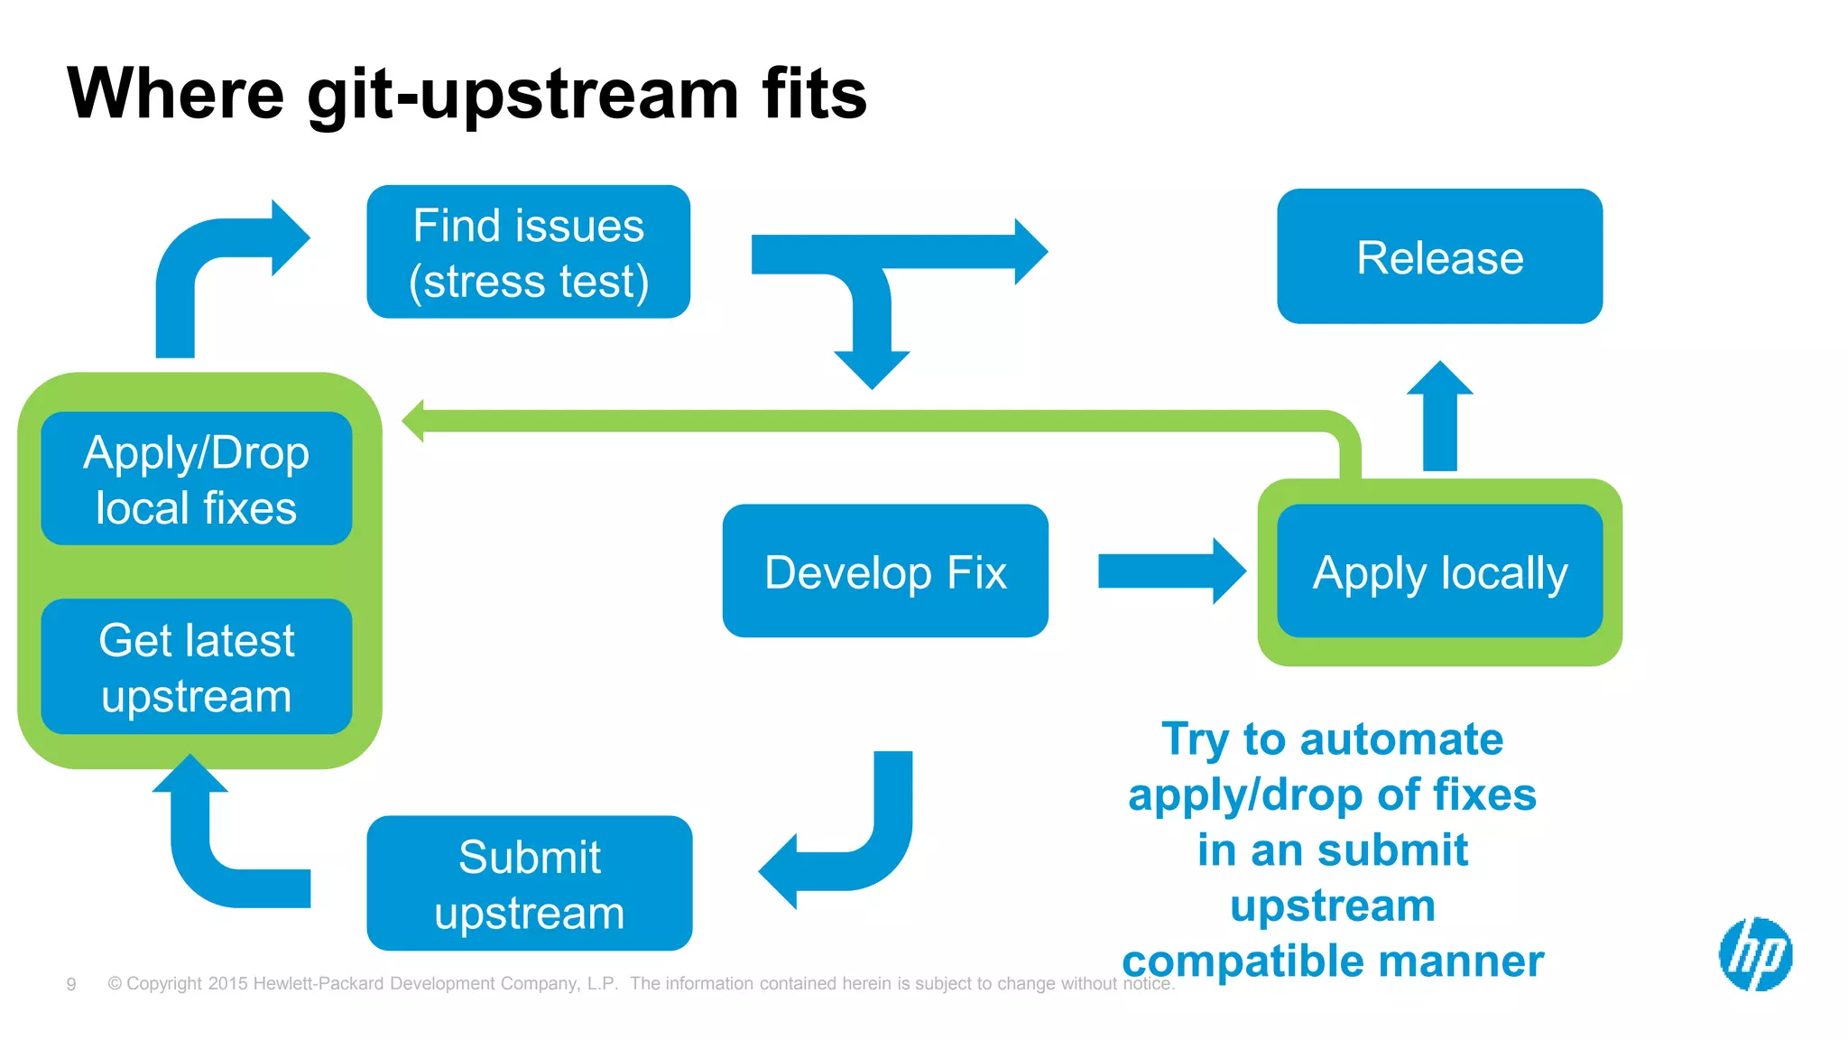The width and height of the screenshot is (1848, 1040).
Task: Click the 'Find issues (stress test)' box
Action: tap(528, 252)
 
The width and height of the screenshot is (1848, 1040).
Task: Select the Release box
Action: tap(1439, 256)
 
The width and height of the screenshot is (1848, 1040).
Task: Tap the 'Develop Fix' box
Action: tap(884, 571)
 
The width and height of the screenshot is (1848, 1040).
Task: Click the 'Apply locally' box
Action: tap(1439, 571)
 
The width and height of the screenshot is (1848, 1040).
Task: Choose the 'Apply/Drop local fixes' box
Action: tap(196, 478)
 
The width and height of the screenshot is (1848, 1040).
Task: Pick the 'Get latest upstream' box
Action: tap(196, 666)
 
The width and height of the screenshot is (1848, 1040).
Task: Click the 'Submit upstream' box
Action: tap(529, 883)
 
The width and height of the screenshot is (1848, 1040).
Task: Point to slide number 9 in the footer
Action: tap(71, 984)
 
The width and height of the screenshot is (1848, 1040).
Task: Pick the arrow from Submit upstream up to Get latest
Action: tap(217, 849)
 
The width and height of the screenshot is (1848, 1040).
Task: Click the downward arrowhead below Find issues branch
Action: tap(872, 366)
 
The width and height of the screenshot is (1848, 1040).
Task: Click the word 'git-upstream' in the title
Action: tap(522, 95)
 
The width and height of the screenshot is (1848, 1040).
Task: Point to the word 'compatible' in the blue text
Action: tap(1242, 961)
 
